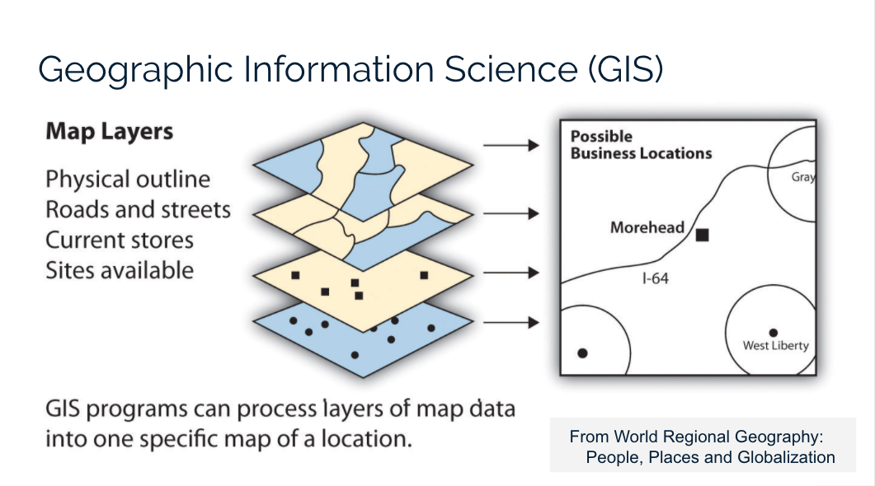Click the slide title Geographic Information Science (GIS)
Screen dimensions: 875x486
350,69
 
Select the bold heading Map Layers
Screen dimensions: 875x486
109,132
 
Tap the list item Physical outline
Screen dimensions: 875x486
128,180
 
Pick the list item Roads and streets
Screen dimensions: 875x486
138,209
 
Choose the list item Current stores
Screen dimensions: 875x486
120,240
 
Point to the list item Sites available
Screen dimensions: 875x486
120,270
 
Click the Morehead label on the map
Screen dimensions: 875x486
647,227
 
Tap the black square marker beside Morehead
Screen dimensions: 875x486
702,235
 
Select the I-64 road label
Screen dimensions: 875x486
655,279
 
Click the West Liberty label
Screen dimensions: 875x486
775,345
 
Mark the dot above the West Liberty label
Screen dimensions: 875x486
773,332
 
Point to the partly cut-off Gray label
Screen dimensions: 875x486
803,177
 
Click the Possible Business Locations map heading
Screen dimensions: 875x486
640,145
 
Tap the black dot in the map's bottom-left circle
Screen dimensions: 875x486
582,353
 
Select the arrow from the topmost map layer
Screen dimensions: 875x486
510,146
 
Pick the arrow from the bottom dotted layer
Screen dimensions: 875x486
510,322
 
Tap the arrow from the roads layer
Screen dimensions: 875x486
510,213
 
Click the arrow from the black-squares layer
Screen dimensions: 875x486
510,273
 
